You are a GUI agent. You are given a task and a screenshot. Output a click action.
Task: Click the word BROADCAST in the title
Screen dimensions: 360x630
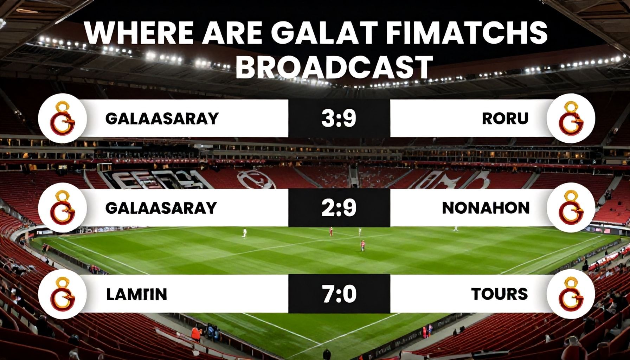click(334, 67)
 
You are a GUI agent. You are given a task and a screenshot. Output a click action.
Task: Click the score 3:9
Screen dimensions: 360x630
click(339, 118)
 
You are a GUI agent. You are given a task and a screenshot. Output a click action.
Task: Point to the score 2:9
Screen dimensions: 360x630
click(339, 208)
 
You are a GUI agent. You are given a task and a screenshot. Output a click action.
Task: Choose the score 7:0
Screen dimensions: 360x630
click(339, 294)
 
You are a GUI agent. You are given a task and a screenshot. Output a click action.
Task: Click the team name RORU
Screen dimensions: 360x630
click(505, 118)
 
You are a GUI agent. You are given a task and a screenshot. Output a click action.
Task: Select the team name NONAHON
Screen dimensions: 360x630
click(486, 208)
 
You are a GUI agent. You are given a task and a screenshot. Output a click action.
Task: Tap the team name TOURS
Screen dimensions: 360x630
click(499, 294)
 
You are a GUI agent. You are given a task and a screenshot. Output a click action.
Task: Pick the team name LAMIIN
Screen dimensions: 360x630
click(136, 294)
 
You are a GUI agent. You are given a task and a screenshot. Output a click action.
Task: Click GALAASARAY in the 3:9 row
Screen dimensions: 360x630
click(162, 118)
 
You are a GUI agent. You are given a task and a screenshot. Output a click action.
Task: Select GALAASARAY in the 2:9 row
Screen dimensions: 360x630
click(161, 208)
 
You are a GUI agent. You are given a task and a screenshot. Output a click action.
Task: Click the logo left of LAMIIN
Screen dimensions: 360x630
click(63, 295)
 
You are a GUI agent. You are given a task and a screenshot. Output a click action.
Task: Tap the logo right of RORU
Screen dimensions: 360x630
click(571, 118)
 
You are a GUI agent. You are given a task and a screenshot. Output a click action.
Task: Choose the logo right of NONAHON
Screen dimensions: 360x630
click(571, 208)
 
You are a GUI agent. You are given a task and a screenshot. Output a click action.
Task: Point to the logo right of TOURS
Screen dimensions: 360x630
click(571, 295)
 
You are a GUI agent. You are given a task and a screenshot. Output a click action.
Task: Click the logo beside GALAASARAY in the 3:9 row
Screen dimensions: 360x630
click(63, 118)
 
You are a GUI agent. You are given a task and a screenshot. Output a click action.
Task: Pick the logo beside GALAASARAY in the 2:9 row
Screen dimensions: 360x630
click(63, 208)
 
